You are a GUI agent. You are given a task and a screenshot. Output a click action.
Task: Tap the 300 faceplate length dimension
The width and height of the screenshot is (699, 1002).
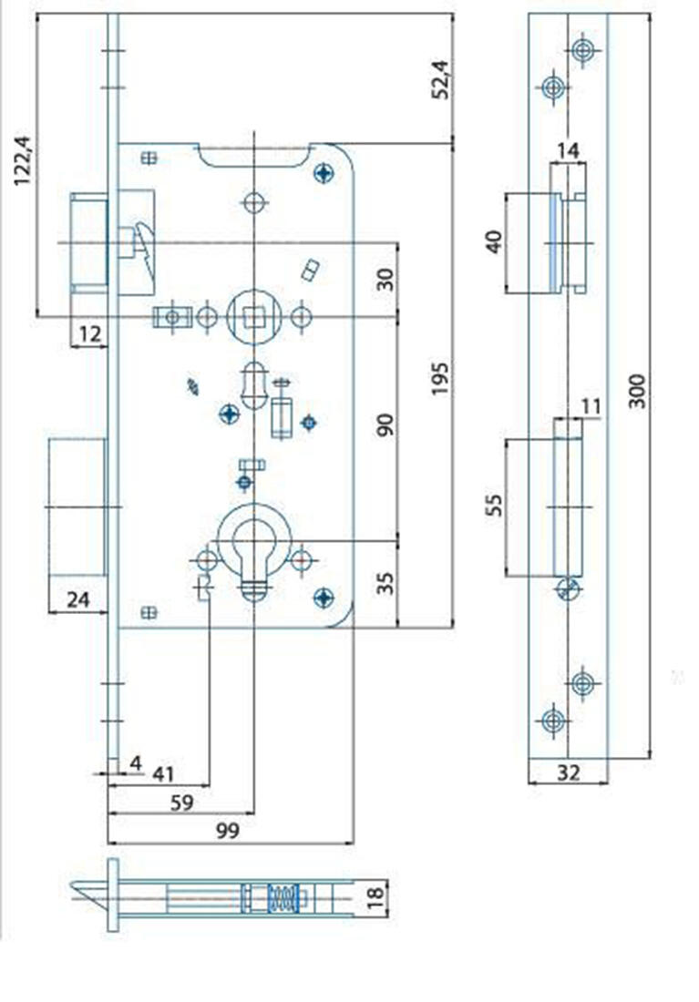637,390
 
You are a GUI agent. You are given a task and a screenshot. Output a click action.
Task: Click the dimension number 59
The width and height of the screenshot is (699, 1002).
183,803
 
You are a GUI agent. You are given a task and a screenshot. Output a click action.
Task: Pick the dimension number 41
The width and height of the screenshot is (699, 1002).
162,775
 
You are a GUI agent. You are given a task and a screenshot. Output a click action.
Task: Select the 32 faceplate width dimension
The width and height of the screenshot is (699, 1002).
568,772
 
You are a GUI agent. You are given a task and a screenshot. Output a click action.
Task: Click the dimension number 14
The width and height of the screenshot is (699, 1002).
568,151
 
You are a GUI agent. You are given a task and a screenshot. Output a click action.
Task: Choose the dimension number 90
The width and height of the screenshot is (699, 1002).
386,424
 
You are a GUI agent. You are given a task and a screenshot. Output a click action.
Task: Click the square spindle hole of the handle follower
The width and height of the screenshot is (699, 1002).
253,316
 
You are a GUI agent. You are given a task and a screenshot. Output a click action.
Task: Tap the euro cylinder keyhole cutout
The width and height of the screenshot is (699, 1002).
254,556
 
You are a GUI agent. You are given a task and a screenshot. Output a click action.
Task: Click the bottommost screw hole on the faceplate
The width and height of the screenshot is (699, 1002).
551,721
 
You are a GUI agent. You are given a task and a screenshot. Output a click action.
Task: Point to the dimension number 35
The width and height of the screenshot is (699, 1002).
386,583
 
